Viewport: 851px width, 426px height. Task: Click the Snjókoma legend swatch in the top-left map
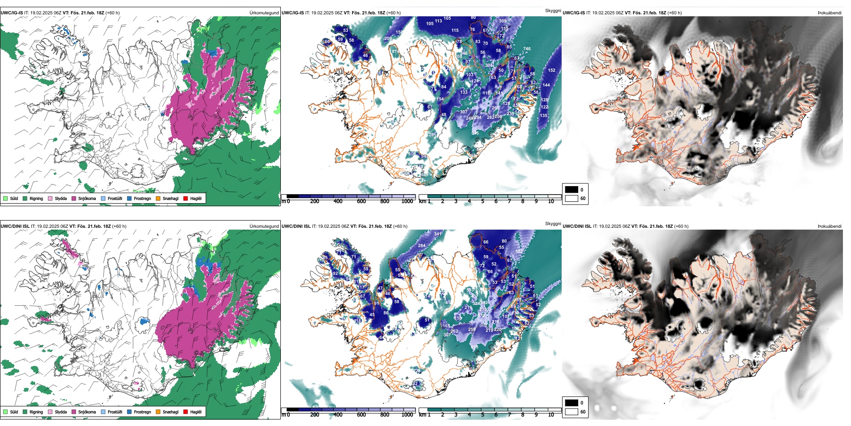[74, 198]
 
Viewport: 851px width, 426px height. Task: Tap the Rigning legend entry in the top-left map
[25, 198]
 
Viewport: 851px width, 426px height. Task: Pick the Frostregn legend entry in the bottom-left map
[129, 412]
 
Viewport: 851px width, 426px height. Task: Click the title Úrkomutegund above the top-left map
[264, 13]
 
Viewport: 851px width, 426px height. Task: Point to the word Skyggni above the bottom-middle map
[553, 223]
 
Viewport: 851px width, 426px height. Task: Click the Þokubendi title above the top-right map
[830, 13]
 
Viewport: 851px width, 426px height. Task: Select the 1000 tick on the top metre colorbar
[407, 201]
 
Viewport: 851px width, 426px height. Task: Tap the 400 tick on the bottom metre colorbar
[338, 415]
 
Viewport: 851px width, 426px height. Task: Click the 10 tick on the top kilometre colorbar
[551, 201]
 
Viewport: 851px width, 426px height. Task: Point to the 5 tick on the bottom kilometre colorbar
[483, 415]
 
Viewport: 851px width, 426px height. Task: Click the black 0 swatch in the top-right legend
[572, 189]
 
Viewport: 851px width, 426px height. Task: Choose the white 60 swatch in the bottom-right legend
[572, 411]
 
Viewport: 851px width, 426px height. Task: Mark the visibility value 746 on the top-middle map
[527, 49]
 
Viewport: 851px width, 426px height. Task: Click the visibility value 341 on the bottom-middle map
[438, 234]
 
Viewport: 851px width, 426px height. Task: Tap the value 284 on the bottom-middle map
[421, 246]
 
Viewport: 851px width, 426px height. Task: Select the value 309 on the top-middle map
[503, 21]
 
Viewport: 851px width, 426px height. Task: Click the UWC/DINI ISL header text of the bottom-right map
[577, 226]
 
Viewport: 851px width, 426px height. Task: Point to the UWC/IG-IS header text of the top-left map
[12, 13]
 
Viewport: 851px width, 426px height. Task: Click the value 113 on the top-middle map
[438, 21]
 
